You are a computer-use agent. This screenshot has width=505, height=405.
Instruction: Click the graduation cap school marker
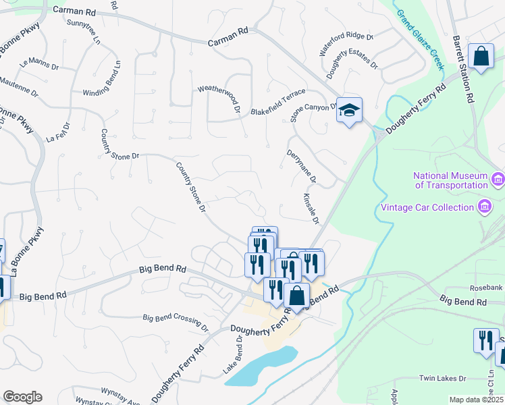(x=350, y=110)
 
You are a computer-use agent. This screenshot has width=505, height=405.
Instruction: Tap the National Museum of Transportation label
(x=451, y=180)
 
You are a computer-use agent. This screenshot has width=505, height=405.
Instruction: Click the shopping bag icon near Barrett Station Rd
(x=482, y=57)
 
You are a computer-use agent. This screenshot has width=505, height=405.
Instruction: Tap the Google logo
(x=22, y=397)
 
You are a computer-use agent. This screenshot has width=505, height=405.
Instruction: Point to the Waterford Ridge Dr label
(x=346, y=45)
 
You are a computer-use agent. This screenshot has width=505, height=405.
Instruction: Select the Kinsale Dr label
(x=311, y=209)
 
